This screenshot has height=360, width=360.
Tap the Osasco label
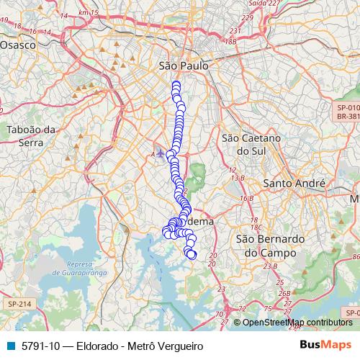(18, 44)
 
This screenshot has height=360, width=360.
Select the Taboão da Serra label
(31, 136)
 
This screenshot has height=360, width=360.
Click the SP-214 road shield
(20, 305)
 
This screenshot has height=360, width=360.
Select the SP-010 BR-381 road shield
(348, 111)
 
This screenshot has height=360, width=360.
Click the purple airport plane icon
(160, 153)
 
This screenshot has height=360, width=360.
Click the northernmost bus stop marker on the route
(176, 85)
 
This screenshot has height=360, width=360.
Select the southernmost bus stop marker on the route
(192, 254)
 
